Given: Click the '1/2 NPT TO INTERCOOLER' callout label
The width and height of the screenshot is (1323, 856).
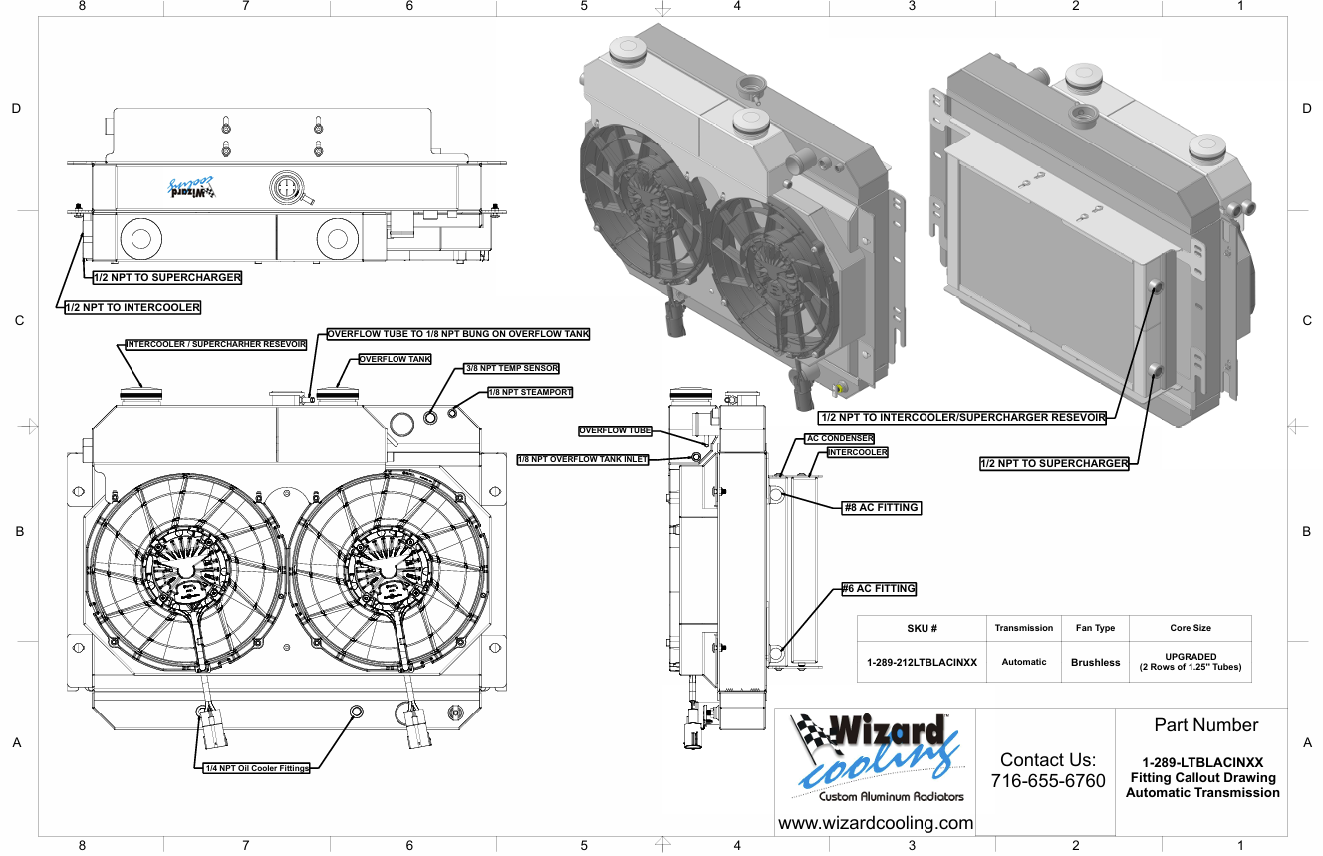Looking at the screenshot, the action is [132, 307].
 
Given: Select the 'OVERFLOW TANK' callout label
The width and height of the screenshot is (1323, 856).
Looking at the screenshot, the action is [396, 359].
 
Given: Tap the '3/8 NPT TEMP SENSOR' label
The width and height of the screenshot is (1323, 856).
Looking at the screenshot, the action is [511, 368].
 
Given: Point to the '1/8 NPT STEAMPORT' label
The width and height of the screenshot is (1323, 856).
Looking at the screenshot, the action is [530, 392].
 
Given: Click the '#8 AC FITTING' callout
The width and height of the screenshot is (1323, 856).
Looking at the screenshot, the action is [882, 508].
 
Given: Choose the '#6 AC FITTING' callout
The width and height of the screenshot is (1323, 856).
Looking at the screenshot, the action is [879, 588].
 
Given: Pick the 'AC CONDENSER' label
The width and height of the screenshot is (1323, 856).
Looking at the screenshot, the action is [839, 438].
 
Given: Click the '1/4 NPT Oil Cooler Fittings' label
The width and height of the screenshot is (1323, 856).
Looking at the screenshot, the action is [257, 768].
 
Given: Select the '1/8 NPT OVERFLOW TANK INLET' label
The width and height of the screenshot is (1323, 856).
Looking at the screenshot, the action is [583, 459].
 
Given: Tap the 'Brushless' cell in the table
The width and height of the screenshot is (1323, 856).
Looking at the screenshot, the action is [1095, 663].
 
